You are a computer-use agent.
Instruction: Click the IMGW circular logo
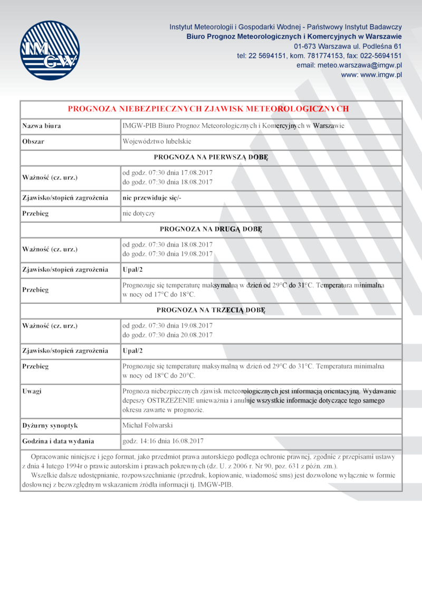[50, 51]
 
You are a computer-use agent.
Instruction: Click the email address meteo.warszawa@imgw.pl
[349, 65]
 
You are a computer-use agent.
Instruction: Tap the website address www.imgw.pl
[371, 75]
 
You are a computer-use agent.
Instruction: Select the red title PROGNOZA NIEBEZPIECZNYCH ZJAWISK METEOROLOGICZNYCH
[208, 109]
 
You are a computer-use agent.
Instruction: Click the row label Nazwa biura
[41, 126]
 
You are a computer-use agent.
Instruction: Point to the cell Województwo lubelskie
[157, 142]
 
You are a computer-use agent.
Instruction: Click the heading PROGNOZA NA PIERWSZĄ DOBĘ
[211, 157]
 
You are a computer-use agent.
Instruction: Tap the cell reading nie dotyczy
[139, 213]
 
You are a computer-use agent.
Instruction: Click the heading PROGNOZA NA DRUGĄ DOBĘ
[211, 229]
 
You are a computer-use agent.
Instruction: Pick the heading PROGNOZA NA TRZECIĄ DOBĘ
[211, 310]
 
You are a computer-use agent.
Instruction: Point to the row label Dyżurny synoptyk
[50, 425]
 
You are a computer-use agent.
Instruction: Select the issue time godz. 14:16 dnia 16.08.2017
[163, 441]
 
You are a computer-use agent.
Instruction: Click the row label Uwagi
[32, 391]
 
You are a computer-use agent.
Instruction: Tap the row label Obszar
[33, 142]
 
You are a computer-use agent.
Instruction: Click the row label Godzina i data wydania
[58, 441]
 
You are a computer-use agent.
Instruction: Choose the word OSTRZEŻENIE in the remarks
[171, 400]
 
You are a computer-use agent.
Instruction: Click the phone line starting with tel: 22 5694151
[319, 55]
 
